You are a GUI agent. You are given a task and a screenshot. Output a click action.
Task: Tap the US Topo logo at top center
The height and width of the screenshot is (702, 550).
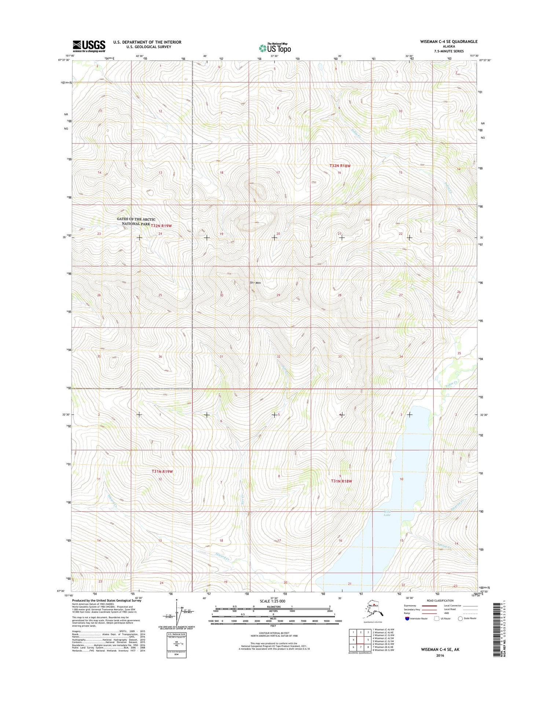(x=275, y=48)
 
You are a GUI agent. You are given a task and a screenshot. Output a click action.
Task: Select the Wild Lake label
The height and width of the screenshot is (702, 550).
(x=387, y=513)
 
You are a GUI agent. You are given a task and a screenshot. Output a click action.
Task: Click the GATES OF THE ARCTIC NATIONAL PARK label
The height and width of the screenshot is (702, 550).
(x=136, y=221)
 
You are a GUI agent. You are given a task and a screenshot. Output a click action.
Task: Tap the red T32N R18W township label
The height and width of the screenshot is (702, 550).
(x=340, y=166)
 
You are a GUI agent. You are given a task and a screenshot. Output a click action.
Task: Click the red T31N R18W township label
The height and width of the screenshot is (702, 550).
(x=341, y=481)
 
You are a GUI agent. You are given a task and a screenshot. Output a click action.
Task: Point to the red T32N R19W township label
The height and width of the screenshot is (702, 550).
(x=161, y=226)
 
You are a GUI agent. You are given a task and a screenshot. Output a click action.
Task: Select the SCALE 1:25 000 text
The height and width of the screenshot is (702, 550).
(x=272, y=601)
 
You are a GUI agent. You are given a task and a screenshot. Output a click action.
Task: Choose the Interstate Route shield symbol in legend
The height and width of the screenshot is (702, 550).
(x=407, y=619)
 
